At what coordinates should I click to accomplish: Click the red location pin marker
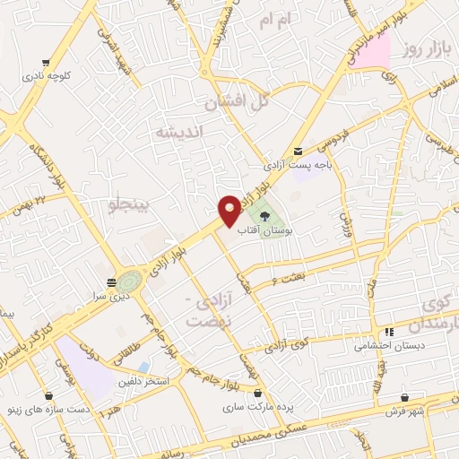(229, 210)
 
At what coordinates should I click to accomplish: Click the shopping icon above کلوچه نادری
(44, 63)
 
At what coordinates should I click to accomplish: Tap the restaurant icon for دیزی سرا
(111, 282)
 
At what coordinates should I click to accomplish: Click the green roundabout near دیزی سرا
(130, 281)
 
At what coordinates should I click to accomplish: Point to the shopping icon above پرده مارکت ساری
(259, 394)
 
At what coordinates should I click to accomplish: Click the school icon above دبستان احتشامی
(389, 331)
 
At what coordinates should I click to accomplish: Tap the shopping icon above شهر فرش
(405, 397)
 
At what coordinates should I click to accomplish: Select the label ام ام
(275, 20)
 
